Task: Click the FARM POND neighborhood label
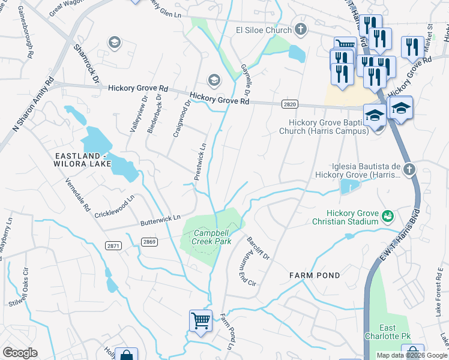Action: (315, 275)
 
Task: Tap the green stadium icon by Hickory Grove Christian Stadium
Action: (388, 214)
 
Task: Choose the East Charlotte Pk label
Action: (396, 332)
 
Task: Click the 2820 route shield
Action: (289, 104)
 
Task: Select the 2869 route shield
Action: (150, 241)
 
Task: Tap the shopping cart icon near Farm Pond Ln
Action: (200, 319)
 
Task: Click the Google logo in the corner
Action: (20, 353)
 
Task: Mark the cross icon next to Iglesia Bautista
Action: (409, 169)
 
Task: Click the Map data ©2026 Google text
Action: (412, 355)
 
